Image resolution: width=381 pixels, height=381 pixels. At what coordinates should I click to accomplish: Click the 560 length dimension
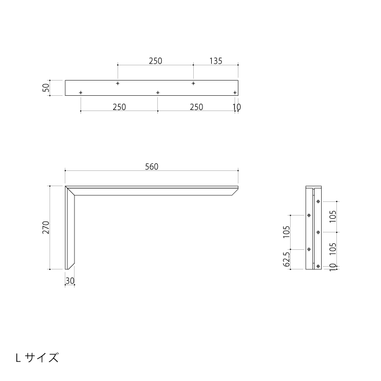tap(151, 167)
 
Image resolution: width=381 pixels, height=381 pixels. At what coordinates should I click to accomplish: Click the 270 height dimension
tap(46, 227)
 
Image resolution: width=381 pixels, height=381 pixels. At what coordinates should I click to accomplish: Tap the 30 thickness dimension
tap(70, 281)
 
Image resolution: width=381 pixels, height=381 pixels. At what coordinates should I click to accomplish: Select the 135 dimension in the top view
tap(215, 61)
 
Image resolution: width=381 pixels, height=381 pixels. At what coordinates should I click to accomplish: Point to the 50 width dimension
tap(46, 88)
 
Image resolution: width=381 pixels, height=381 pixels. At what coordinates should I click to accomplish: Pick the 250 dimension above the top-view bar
tap(155, 61)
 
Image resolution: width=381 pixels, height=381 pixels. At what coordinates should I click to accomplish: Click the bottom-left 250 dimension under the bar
tap(119, 107)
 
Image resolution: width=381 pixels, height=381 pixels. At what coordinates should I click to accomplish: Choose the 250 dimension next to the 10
tap(196, 107)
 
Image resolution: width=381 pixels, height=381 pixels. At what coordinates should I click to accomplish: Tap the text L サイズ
tap(37, 358)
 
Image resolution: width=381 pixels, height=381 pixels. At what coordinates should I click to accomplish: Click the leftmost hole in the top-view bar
tap(81, 93)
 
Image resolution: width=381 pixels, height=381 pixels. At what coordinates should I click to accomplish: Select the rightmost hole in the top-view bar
tap(235, 93)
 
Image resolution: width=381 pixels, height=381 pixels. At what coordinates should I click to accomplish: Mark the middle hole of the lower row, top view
tap(158, 93)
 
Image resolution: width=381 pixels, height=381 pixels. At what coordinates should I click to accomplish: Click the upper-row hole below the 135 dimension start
tap(193, 83)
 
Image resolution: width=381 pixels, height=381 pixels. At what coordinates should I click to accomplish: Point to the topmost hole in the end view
tap(318, 201)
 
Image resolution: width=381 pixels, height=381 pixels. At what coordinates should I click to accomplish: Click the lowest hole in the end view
tap(318, 266)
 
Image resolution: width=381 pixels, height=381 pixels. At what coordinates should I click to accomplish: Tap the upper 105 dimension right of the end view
tap(334, 216)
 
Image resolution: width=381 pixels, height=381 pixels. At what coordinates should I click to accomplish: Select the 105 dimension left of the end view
tap(286, 232)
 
